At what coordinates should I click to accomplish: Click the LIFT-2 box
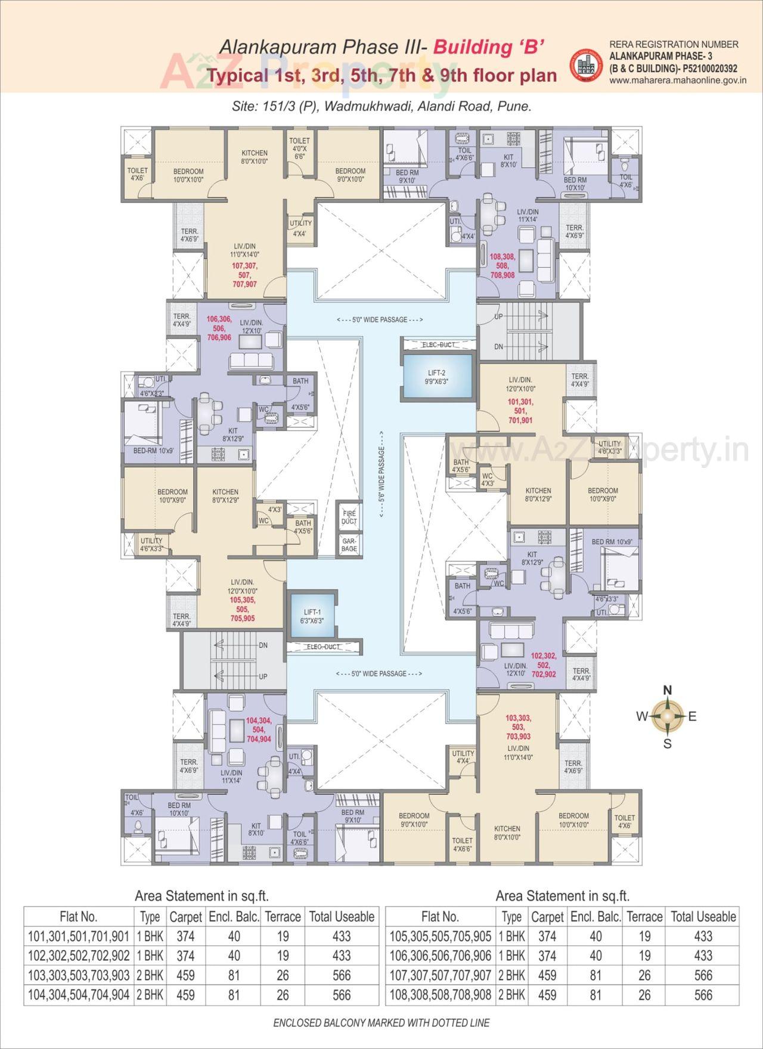click(x=437, y=377)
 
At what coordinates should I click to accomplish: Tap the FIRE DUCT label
click(x=349, y=517)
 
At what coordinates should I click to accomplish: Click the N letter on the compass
click(x=668, y=691)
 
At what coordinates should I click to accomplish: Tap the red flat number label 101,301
click(x=520, y=402)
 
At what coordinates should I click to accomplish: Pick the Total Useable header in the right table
click(x=703, y=917)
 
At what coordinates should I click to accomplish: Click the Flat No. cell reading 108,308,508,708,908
click(x=440, y=995)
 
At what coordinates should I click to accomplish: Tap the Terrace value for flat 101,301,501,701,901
click(x=283, y=936)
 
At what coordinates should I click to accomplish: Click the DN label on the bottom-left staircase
click(x=263, y=645)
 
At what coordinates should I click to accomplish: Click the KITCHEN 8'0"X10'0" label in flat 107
click(x=255, y=157)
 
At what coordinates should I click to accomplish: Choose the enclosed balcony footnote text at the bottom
click(x=381, y=1023)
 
